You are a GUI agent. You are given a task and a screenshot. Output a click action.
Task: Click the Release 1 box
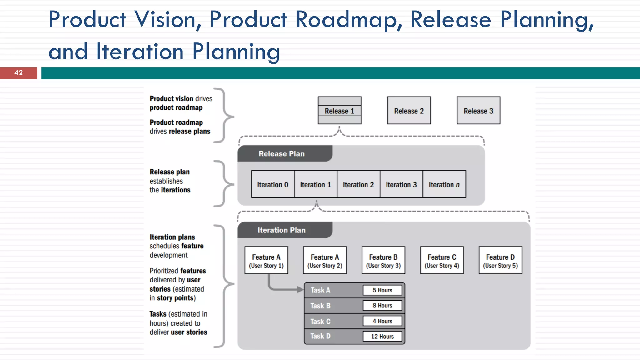(x=339, y=111)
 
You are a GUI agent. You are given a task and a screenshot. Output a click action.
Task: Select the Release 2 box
(x=409, y=111)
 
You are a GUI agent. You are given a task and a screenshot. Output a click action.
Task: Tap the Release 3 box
(x=478, y=111)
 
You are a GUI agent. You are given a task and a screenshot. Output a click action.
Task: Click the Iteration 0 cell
(x=272, y=184)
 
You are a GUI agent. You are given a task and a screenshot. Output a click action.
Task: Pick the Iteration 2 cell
(x=358, y=184)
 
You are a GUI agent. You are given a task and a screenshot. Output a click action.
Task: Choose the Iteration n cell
(x=444, y=184)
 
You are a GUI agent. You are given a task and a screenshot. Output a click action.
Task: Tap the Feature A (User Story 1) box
(x=266, y=261)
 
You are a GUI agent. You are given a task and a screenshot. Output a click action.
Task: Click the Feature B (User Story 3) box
(x=383, y=261)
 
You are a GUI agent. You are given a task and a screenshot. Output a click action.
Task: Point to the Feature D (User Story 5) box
(x=500, y=261)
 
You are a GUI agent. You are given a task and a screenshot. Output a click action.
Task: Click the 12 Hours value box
(x=382, y=337)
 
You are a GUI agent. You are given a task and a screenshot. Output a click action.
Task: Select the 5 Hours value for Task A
(x=382, y=290)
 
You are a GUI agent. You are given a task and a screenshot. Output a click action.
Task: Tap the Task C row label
(x=320, y=322)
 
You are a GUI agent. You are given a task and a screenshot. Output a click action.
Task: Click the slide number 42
(x=18, y=73)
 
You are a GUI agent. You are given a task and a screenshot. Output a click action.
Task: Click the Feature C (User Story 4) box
(x=442, y=261)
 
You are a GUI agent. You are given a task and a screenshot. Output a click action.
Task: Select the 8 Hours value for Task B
(x=382, y=306)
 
